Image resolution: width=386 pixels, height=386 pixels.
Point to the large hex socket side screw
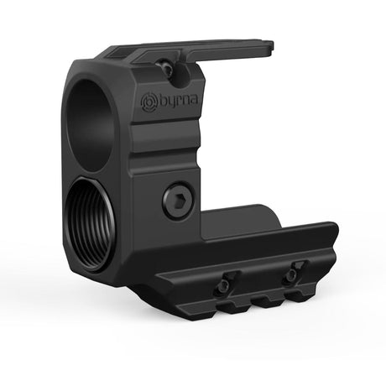(178, 201)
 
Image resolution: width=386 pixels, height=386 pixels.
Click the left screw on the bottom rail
(224, 286)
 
